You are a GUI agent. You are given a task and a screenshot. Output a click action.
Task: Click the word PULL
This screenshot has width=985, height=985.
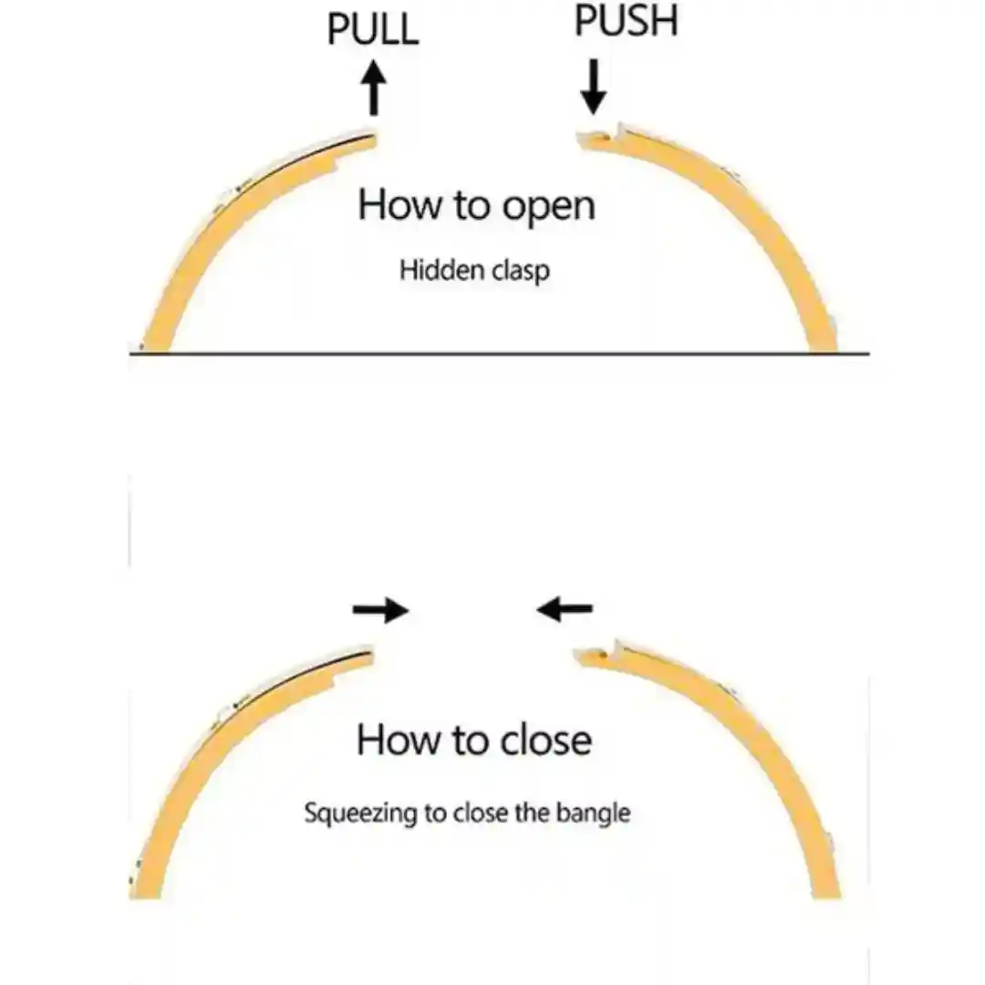point(372,29)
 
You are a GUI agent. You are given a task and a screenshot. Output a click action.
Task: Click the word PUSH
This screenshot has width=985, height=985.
point(627,21)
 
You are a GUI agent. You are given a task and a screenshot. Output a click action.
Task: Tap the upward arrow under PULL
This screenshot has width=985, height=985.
point(374,88)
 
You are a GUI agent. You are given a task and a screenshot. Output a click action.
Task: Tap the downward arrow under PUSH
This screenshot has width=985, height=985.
point(593,87)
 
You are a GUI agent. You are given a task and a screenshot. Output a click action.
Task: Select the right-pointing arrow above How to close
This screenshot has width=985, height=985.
point(380,609)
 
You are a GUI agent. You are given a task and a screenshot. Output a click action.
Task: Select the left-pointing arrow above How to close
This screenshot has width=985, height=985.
point(565,608)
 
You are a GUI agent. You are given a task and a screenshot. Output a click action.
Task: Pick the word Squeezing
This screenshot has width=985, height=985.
point(360,813)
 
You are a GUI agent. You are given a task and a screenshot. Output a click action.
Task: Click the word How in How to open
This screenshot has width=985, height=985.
point(399,205)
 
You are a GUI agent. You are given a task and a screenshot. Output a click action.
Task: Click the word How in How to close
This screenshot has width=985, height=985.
point(399,740)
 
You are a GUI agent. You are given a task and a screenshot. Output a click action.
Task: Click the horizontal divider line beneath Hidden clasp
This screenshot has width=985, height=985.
point(500,354)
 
